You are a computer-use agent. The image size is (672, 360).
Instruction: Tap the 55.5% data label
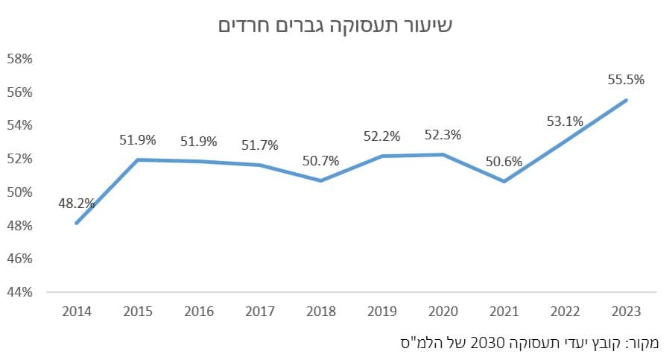[626, 79]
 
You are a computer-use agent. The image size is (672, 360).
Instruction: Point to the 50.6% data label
[504, 161]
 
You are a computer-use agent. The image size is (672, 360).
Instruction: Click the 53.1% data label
[565, 121]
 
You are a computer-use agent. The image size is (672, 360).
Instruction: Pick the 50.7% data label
[321, 160]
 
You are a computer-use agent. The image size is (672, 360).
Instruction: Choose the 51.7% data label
[260, 145]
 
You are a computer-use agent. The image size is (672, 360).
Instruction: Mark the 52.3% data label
[443, 135]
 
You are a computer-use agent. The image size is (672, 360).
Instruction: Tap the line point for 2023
[626, 100]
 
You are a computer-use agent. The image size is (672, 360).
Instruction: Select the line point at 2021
[504, 181]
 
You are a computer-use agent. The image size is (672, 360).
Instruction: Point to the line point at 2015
[139, 160]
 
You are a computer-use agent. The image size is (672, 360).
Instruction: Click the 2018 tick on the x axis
[321, 311]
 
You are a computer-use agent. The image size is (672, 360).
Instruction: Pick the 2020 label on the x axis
[443, 311]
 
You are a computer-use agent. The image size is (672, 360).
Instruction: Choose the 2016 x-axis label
[199, 311]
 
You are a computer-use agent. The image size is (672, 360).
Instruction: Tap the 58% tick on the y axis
[19, 59]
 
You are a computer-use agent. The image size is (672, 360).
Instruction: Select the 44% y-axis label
[19, 292]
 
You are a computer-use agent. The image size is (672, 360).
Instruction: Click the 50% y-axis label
[19, 192]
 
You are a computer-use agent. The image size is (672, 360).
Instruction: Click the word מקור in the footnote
[643, 343]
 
